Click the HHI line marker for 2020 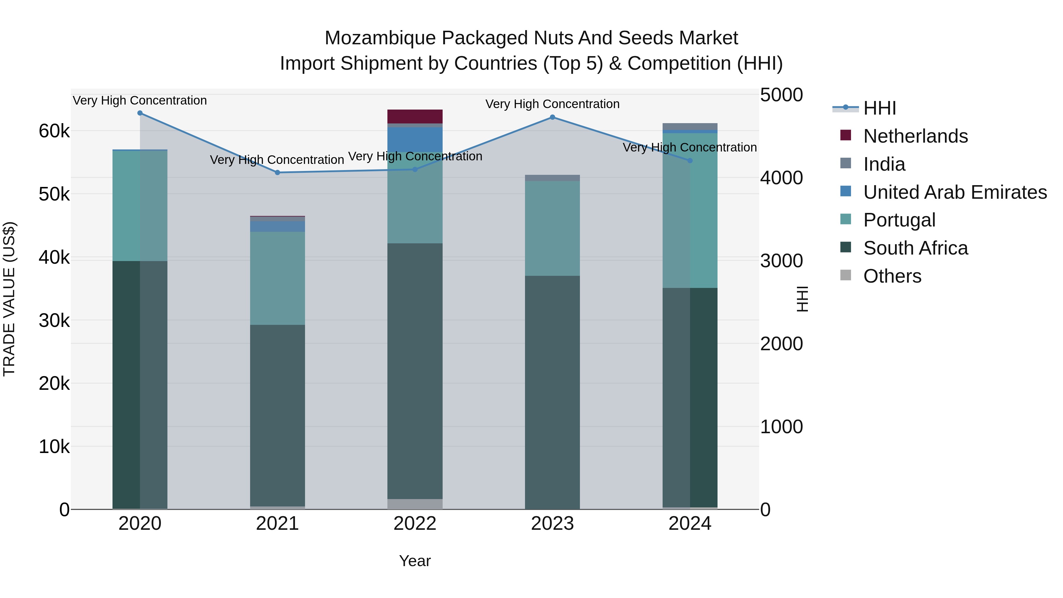click(x=140, y=113)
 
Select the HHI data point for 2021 click(x=277, y=172)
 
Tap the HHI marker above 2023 click(x=552, y=117)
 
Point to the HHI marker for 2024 click(x=690, y=161)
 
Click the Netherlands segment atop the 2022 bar click(x=415, y=116)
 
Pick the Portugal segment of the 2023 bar click(x=552, y=228)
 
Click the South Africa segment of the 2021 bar click(x=277, y=415)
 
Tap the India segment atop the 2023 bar click(x=552, y=178)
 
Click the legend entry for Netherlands click(x=915, y=136)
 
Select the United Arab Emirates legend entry click(x=955, y=192)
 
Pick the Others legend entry click(x=892, y=276)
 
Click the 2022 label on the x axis click(x=415, y=524)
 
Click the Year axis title click(x=415, y=561)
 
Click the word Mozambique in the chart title click(x=380, y=38)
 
